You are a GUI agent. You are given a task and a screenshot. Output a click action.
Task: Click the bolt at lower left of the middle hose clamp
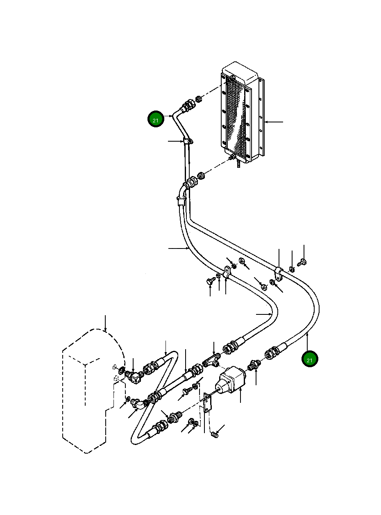coord(210,281)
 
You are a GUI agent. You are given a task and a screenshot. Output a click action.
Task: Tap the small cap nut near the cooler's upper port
coord(199,99)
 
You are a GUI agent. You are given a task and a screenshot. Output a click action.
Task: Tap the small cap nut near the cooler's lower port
coord(202,176)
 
